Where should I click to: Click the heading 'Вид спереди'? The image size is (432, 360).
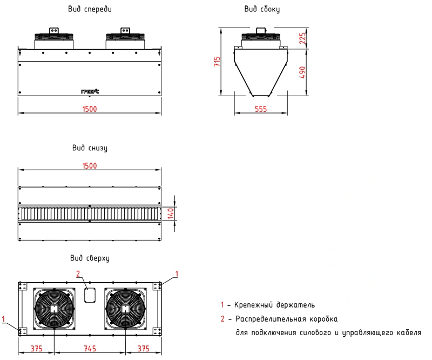[x=91, y=9]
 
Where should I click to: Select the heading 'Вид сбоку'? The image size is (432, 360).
[x=262, y=9]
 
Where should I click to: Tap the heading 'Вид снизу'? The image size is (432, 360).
[x=90, y=148]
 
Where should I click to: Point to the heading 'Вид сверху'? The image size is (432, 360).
[x=90, y=258]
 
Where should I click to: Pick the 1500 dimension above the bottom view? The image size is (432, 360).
[x=90, y=166]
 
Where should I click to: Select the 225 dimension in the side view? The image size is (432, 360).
[x=302, y=38]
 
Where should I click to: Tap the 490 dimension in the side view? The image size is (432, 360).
[x=302, y=72]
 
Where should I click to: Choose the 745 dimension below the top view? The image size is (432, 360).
[x=90, y=349]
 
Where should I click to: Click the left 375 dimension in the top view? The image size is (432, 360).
[x=36, y=349]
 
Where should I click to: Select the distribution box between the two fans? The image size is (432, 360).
[x=90, y=295]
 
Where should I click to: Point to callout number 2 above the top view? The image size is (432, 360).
[x=78, y=273]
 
